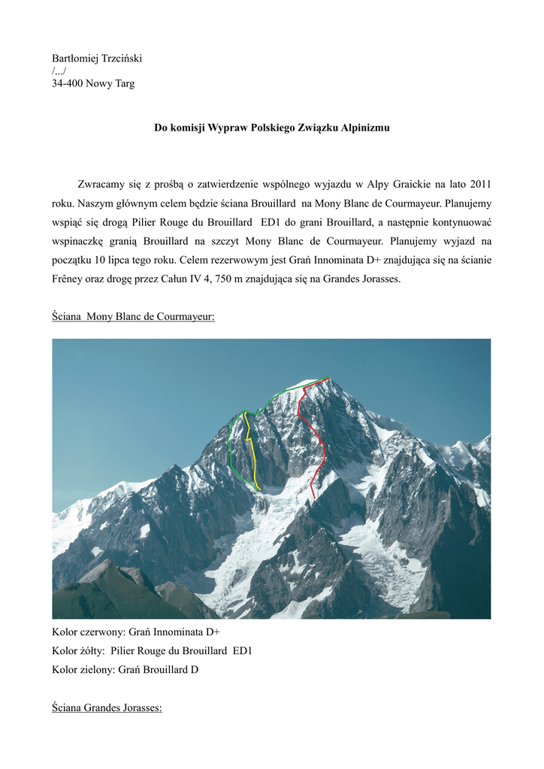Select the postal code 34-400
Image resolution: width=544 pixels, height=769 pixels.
click(x=67, y=83)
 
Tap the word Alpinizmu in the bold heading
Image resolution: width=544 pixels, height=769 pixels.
click(x=364, y=128)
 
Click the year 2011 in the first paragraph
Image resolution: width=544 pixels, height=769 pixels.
click(x=480, y=184)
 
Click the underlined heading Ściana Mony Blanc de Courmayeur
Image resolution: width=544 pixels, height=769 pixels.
click(x=133, y=317)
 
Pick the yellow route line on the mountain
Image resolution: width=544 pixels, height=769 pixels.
click(x=253, y=458)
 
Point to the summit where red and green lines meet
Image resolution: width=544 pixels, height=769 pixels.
click(x=328, y=378)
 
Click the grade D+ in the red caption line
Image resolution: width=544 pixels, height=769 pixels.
click(x=212, y=632)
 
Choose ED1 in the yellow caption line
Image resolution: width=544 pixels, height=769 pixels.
click(x=242, y=650)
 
